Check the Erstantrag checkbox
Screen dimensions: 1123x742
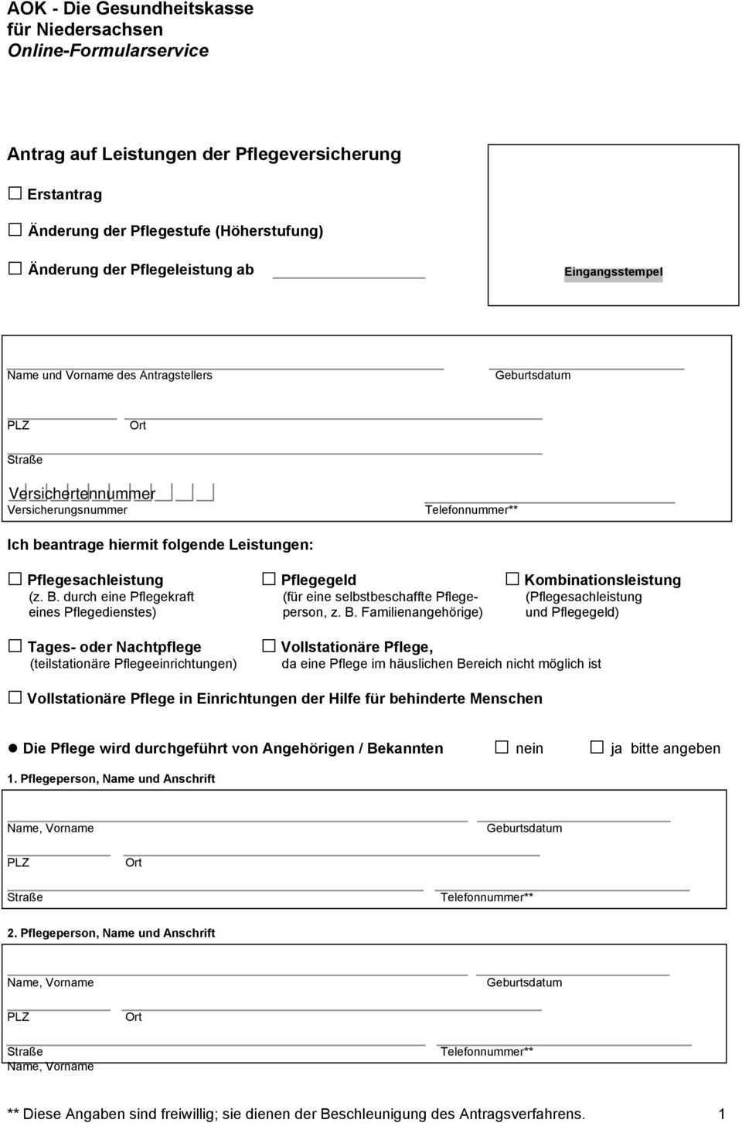click(15, 193)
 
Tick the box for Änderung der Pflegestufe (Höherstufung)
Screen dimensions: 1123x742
click(15, 230)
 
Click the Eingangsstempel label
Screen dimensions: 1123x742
click(613, 272)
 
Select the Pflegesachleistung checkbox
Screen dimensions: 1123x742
click(15, 579)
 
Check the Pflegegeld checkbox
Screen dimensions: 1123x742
click(268, 579)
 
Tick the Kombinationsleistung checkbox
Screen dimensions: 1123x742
click(512, 579)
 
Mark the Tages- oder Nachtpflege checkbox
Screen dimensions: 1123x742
click(15, 646)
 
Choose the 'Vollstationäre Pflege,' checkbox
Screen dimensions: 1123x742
click(268, 646)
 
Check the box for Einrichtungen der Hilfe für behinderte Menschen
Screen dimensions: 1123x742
click(15, 697)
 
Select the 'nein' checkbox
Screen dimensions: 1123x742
click(502, 747)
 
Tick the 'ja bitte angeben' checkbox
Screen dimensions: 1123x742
click(597, 747)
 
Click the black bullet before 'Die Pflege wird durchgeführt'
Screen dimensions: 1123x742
click(12, 748)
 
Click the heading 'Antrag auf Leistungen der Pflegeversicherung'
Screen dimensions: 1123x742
click(204, 154)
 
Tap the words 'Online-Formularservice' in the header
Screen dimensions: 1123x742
click(108, 51)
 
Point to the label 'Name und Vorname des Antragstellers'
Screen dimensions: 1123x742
click(110, 376)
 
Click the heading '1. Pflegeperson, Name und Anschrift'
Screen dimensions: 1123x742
click(111, 779)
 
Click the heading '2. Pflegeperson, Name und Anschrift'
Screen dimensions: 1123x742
click(111, 934)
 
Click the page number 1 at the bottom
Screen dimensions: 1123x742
click(722, 1114)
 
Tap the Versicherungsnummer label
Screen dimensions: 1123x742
click(67, 510)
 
